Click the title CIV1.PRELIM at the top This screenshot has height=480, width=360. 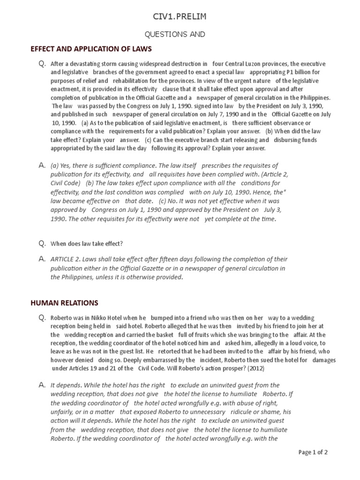point(180,17)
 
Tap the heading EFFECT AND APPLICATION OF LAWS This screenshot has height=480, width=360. point(91,49)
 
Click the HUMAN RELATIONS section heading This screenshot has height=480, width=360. point(64,303)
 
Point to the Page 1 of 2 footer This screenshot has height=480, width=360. point(313,452)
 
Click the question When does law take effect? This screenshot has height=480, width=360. point(87,244)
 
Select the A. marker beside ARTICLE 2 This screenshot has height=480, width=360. point(42,259)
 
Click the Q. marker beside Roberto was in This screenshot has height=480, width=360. point(42,318)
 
